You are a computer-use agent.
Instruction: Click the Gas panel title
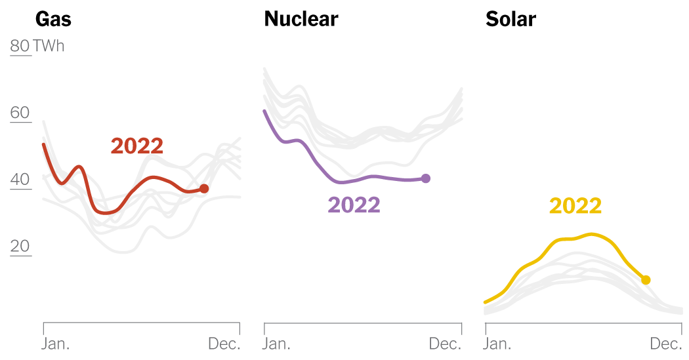(53, 19)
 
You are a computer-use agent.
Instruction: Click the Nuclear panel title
(301, 19)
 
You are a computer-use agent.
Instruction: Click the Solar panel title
(511, 19)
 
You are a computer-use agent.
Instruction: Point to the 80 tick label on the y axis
(20, 46)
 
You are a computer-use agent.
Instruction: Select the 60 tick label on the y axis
(20, 113)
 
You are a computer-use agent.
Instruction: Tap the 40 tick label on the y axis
(20, 180)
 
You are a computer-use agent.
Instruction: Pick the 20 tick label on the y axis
(20, 247)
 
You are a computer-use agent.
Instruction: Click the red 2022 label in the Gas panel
(136, 146)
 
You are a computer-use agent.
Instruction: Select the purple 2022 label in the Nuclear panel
(354, 205)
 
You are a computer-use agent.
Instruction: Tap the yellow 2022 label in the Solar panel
(575, 206)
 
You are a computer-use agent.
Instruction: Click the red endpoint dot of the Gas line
(204, 189)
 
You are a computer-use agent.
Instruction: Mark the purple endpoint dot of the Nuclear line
(425, 178)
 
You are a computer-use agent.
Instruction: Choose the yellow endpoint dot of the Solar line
(646, 280)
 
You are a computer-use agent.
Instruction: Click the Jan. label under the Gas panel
(57, 344)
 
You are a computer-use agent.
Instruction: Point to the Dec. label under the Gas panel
(224, 344)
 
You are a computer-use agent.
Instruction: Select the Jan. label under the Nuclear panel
(278, 344)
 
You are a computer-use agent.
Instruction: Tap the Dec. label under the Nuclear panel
(445, 344)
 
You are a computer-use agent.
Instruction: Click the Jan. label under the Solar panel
(499, 344)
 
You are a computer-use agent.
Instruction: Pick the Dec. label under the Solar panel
(666, 344)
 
